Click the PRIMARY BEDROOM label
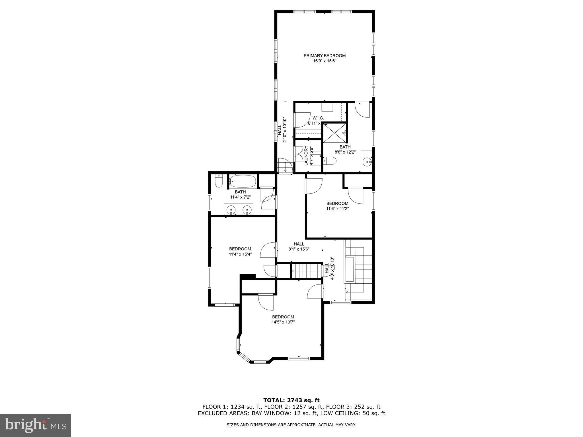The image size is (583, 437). point(325,55)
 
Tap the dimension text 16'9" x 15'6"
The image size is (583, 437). point(325,61)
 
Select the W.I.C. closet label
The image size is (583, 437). point(318,118)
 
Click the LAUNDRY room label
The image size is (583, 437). point(306,156)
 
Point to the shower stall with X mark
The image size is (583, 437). point(334,133)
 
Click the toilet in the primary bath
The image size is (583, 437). point(330,161)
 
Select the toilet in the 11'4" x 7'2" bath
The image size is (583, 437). point(218,181)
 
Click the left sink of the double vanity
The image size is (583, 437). point(231,210)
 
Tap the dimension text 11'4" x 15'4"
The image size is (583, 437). point(240,254)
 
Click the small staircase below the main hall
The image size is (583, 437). point(306,271)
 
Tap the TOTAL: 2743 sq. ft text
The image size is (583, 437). point(291,400)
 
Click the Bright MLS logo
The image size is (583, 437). point(36,425)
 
